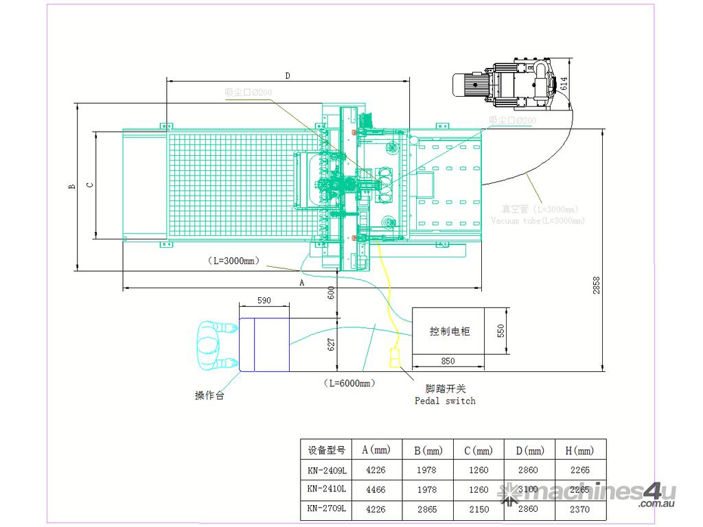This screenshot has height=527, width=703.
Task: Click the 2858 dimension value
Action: point(596,285)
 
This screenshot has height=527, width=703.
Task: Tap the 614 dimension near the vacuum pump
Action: point(564,84)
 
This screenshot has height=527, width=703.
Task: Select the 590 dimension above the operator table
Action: point(264,301)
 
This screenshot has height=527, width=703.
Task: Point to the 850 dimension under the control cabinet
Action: point(448,360)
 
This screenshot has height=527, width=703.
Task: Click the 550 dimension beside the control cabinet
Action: point(500,331)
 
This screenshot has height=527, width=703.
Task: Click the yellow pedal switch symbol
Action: point(395,357)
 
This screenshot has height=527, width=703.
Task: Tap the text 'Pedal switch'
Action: point(445,401)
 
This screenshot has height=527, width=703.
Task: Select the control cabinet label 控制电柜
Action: point(450,331)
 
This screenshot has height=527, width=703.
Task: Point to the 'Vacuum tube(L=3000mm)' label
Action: point(538,221)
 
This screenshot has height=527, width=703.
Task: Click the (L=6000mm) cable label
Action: point(348,383)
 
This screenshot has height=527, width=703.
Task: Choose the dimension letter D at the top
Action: point(288,75)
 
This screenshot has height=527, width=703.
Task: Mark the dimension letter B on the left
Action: point(71,186)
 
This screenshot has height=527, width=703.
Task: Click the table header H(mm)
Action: point(582,451)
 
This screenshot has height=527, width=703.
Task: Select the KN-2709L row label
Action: point(326,510)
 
